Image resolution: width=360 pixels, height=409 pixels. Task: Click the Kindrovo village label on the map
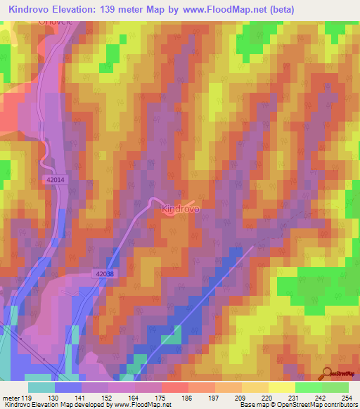(181, 209)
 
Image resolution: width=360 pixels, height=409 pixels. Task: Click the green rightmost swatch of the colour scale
(335, 387)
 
